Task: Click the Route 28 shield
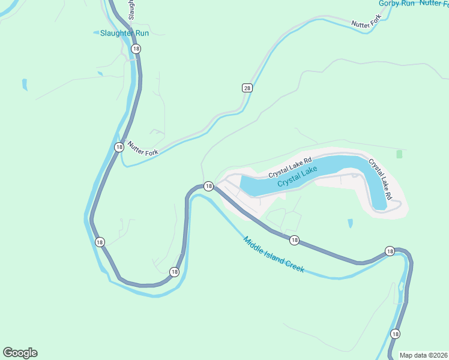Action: coord(247,88)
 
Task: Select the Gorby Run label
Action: coord(397,4)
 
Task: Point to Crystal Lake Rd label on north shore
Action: coord(291,167)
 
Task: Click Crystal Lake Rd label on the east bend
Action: coord(380,179)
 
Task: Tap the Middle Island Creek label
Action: coord(273,255)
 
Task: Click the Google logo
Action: coord(20,353)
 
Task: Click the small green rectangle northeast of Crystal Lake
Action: coord(399,154)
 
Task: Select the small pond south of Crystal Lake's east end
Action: coord(350,224)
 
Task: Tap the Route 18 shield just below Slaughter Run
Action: coord(136,49)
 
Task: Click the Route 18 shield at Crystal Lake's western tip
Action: coord(208,187)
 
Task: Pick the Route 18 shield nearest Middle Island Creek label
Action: coord(294,241)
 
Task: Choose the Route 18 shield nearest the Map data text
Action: coord(395,334)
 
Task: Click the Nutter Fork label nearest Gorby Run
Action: coord(366,23)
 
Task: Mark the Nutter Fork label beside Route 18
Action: coord(143,149)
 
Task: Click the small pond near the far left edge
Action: coord(24,84)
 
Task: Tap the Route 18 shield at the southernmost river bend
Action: coord(174,272)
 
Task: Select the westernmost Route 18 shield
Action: coord(100,242)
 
